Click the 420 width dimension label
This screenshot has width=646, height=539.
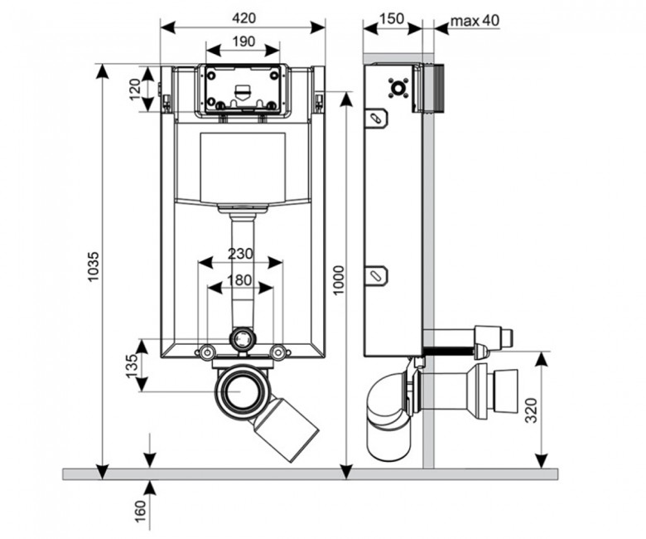coord(243,17)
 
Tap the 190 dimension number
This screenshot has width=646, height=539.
coord(243,41)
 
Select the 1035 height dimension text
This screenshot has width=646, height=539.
coord(94,266)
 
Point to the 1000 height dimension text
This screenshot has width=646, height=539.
coord(338,280)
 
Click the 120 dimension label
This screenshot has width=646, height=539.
coord(135,90)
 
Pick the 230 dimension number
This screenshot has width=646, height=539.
coord(241,253)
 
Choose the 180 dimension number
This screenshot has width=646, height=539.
coord(239,280)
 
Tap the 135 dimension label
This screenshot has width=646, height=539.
coord(131,366)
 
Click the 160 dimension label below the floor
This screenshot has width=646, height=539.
coord(141,512)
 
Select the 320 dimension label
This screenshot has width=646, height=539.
coord(532,410)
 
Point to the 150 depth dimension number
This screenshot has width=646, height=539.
coord(392,18)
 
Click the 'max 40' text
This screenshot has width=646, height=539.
coord(475,20)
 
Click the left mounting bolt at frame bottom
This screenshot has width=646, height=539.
coord(206,352)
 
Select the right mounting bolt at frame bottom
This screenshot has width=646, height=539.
coord(278,352)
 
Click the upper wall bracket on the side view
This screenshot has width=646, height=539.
coord(377,118)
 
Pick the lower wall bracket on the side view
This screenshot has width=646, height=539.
coord(377,275)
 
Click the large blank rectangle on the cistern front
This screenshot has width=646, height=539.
coord(243,167)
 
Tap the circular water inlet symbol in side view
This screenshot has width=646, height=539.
coord(398,88)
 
